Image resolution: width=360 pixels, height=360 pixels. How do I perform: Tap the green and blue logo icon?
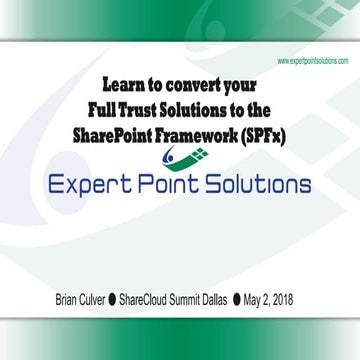coord(179,157)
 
